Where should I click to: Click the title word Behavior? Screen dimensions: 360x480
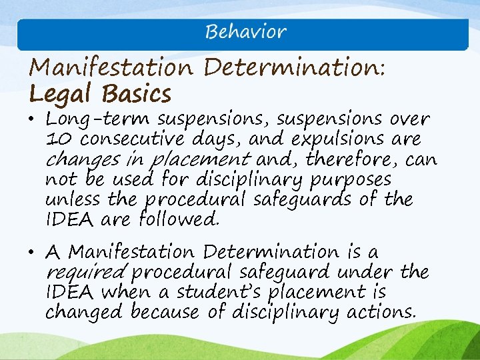coord(245,32)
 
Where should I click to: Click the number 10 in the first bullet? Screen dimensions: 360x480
coord(56,140)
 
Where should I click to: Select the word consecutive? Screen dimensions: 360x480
coord(131,140)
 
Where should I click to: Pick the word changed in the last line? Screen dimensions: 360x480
coord(85,312)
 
